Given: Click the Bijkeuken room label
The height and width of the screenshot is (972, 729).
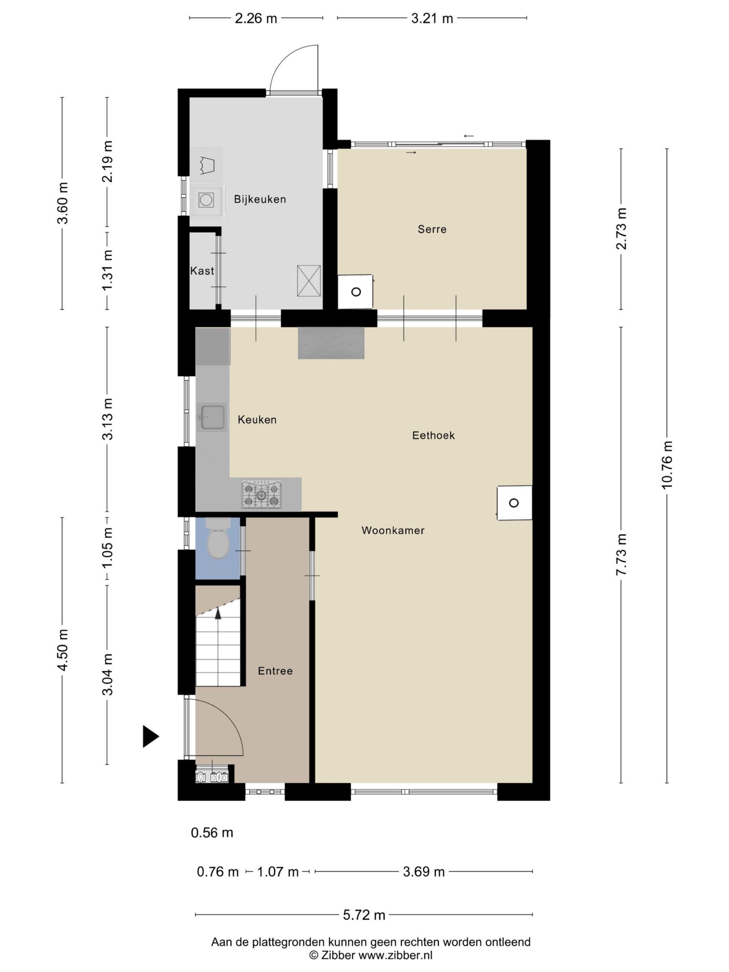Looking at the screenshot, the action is pyautogui.click(x=260, y=199).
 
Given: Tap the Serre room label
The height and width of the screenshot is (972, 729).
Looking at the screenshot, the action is pyautogui.click(x=432, y=229).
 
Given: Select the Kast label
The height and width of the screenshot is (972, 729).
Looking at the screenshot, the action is pyautogui.click(x=202, y=271).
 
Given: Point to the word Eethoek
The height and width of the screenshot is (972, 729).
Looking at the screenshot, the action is pyautogui.click(x=433, y=435).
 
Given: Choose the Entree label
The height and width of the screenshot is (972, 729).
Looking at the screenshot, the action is pyautogui.click(x=275, y=671).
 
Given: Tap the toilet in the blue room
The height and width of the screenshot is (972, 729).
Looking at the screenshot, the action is pyautogui.click(x=218, y=539).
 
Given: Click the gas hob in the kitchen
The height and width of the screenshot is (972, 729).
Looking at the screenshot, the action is pyautogui.click(x=262, y=494).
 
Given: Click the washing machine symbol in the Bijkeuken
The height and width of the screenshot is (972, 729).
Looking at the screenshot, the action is pyautogui.click(x=206, y=200).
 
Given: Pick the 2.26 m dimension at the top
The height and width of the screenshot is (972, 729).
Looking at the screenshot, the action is pyautogui.click(x=256, y=19).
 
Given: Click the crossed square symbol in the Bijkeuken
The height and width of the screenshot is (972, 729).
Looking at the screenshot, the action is pyautogui.click(x=309, y=281).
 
